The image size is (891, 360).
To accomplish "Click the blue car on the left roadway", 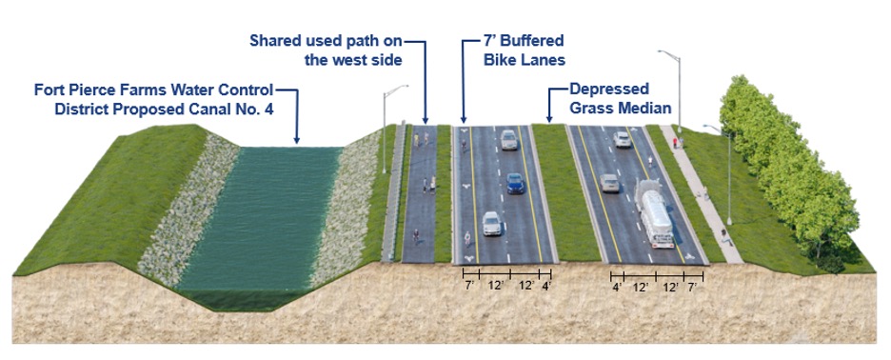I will click(515, 183).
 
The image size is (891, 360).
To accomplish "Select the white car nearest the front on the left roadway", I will click(492, 224).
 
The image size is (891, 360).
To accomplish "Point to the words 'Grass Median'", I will click(620, 109).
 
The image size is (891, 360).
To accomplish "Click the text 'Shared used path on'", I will click(326, 41).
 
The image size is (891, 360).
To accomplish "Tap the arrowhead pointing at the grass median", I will click(549, 120).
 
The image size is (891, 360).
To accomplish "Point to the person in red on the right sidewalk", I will click(677, 143).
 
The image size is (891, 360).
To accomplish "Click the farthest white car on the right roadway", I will click(623, 139).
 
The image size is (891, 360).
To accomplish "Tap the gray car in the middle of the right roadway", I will click(610, 183).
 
